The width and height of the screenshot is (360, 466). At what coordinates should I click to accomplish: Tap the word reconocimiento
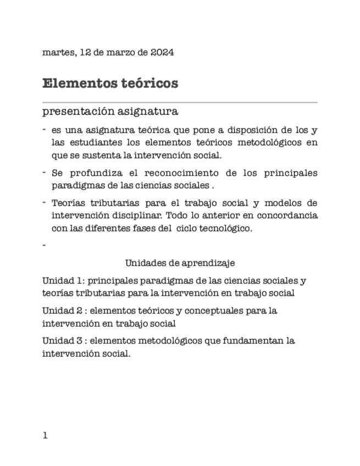184,173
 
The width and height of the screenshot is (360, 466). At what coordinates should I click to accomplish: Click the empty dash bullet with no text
43,245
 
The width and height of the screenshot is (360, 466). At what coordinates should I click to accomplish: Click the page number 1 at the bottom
45,436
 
